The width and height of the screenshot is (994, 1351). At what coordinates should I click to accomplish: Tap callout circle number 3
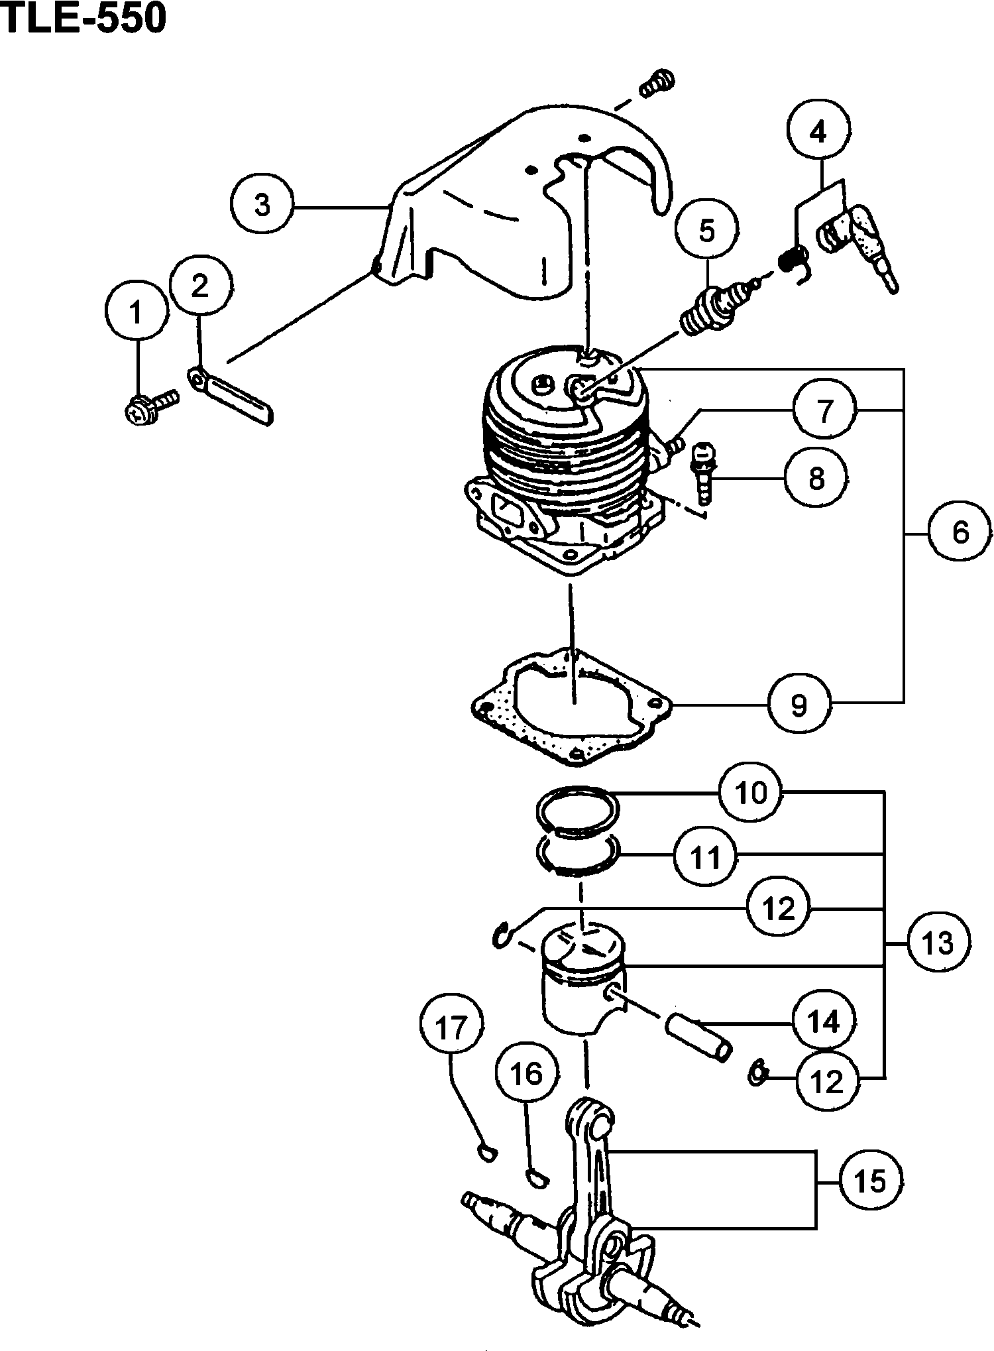tap(262, 206)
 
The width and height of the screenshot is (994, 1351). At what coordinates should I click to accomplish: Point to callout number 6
tap(960, 532)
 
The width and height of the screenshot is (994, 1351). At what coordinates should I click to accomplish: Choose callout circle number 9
tap(800, 704)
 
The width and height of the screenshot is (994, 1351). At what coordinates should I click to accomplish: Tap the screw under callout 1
tap(151, 405)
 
